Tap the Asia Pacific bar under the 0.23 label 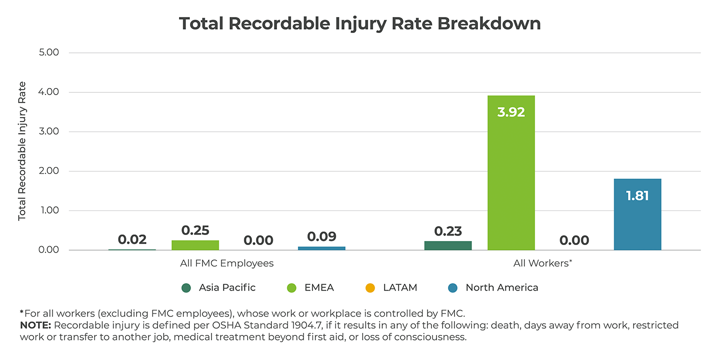[x=447, y=245]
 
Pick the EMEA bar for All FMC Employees [x=195, y=245]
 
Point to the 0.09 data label [x=321, y=236]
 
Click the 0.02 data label [x=132, y=239]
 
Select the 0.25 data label [x=195, y=230]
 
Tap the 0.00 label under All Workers [x=574, y=240]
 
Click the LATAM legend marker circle [x=370, y=288]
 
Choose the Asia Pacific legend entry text [x=227, y=287]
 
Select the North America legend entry [x=501, y=287]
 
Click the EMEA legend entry [x=318, y=287]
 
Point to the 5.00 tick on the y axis [x=48, y=52]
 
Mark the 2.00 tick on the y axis [x=48, y=171]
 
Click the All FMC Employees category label [x=226, y=263]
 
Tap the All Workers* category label [x=542, y=263]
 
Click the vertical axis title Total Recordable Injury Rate [x=22, y=151]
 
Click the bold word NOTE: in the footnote [x=35, y=325]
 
